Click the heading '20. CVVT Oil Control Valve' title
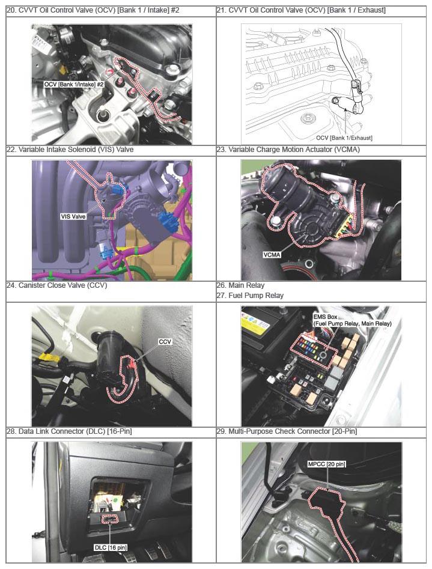[93, 10]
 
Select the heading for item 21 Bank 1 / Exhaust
[301, 10]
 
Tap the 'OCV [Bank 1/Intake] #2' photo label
[74, 84]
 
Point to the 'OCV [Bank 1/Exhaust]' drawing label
[344, 138]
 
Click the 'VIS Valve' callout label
[73, 217]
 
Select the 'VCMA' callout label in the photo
[272, 255]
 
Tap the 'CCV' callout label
[165, 341]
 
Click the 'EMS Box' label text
[325, 317]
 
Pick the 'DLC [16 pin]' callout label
[111, 547]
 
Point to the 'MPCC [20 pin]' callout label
[326, 464]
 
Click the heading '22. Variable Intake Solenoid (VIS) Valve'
[70, 150]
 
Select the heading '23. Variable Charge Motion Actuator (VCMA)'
[288, 150]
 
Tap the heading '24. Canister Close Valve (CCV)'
[57, 285]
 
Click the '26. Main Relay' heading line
[241, 285]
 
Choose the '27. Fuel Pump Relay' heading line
[250, 296]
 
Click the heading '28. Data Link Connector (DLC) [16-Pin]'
[69, 431]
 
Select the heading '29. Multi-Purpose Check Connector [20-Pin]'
[287, 431]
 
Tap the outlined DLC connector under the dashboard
[110, 520]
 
